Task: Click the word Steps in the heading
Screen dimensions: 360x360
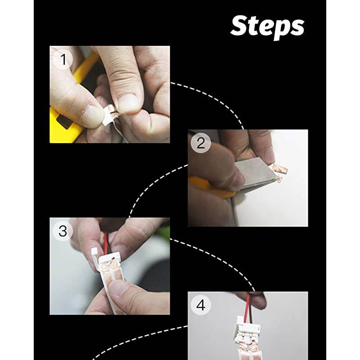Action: tap(267, 27)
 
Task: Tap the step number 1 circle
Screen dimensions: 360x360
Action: tap(63, 59)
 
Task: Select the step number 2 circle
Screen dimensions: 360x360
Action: tap(201, 143)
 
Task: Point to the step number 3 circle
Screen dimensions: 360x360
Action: tap(63, 231)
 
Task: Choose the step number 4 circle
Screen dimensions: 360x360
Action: tap(201, 305)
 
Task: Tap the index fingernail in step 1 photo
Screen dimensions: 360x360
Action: tap(127, 103)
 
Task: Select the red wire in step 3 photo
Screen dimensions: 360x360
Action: tap(106, 243)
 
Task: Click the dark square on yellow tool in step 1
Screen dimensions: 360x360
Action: tap(64, 121)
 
